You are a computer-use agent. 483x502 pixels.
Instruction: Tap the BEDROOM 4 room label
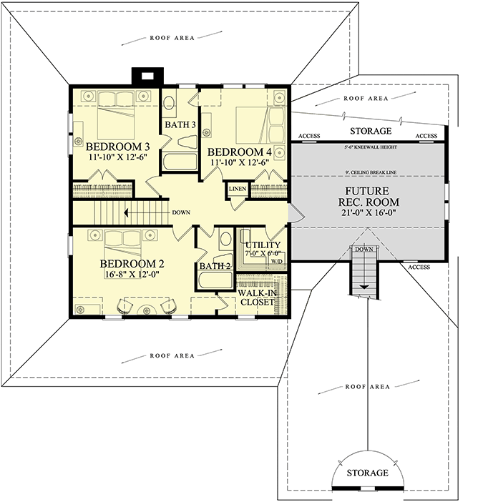click(x=239, y=152)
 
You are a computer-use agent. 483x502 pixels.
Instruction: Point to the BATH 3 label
click(x=180, y=125)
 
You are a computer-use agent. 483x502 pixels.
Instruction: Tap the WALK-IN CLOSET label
click(x=257, y=297)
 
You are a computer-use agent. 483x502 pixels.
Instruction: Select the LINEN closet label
click(x=237, y=190)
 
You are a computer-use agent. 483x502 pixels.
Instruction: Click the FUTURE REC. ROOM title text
click(x=367, y=197)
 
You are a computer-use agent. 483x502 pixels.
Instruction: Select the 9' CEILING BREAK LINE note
click(x=369, y=174)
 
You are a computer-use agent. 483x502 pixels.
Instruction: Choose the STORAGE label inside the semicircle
click(x=368, y=473)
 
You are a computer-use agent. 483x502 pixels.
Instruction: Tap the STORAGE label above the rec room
click(x=370, y=132)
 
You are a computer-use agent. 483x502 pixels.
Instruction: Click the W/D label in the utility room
click(x=276, y=262)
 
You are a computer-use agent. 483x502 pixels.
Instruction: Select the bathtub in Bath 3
click(x=179, y=161)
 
